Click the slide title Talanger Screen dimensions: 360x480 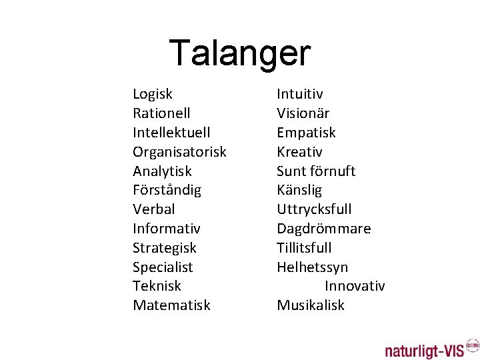click(240, 53)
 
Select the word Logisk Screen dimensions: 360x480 click(153, 94)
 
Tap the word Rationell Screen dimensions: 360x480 click(161, 113)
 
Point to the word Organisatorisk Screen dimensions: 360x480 click(179, 152)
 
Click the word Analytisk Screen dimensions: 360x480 click(162, 171)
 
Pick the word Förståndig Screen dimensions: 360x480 click(167, 190)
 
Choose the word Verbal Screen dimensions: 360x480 click(154, 209)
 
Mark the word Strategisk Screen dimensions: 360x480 click(165, 248)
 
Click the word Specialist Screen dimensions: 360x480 click(163, 267)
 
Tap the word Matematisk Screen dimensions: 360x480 click(171, 305)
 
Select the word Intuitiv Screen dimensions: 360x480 click(300, 94)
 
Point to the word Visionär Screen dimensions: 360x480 click(303, 113)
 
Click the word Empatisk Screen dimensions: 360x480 click(306, 133)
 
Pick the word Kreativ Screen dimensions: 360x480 click(299, 152)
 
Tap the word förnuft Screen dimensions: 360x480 click(333, 171)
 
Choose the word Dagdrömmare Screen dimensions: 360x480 click(324, 229)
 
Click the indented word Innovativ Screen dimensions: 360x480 click(355, 286)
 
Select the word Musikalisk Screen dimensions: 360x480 click(311, 305)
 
